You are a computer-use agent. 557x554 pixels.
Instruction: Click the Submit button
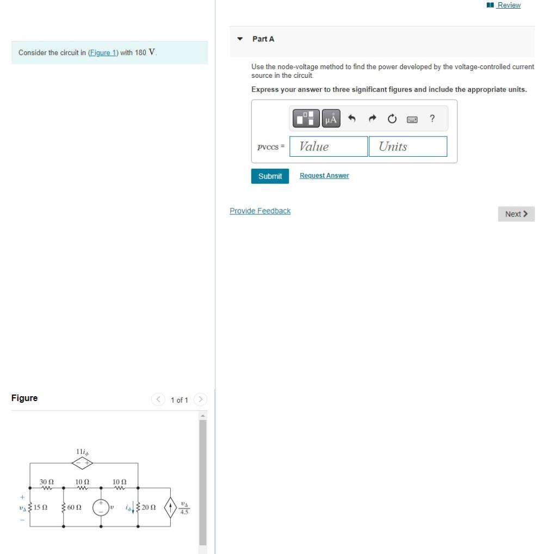pyautogui.click(x=270, y=176)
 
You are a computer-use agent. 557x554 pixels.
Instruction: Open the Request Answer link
pyautogui.click(x=324, y=176)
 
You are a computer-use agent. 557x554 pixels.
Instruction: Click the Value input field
pyautogui.click(x=329, y=146)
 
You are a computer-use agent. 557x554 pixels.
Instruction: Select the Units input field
pyautogui.click(x=408, y=146)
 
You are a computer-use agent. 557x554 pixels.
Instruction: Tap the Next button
pyautogui.click(x=516, y=214)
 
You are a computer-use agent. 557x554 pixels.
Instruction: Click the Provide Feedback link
pyautogui.click(x=260, y=211)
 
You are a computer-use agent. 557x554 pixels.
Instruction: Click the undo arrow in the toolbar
pyautogui.click(x=352, y=118)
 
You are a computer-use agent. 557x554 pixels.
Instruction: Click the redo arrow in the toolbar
pyautogui.click(x=372, y=118)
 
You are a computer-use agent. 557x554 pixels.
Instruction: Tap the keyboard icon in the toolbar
pyautogui.click(x=412, y=118)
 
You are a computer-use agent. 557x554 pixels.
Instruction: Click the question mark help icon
pyautogui.click(x=432, y=118)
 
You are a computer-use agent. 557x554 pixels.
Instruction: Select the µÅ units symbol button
pyautogui.click(x=331, y=118)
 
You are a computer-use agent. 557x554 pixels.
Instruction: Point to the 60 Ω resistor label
pyautogui.click(x=75, y=508)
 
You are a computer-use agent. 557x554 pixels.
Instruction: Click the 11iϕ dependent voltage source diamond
pyautogui.click(x=83, y=463)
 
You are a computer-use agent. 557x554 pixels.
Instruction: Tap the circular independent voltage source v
pyautogui.click(x=101, y=507)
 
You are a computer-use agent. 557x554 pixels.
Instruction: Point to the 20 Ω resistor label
pyautogui.click(x=148, y=508)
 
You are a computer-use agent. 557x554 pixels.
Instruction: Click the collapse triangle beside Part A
pyautogui.click(x=240, y=39)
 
